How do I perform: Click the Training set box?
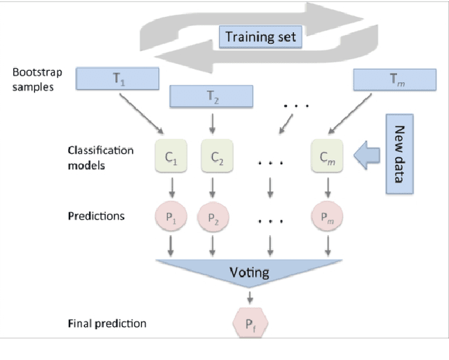pos(261,36)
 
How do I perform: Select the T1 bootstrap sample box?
pos(117,79)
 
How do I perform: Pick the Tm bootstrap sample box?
pos(393,79)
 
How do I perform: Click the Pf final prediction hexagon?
pos(250,324)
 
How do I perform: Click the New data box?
pos(400,154)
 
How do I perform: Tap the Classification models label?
pos(97,159)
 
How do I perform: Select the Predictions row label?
pos(96,216)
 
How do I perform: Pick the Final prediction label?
pos(107,324)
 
